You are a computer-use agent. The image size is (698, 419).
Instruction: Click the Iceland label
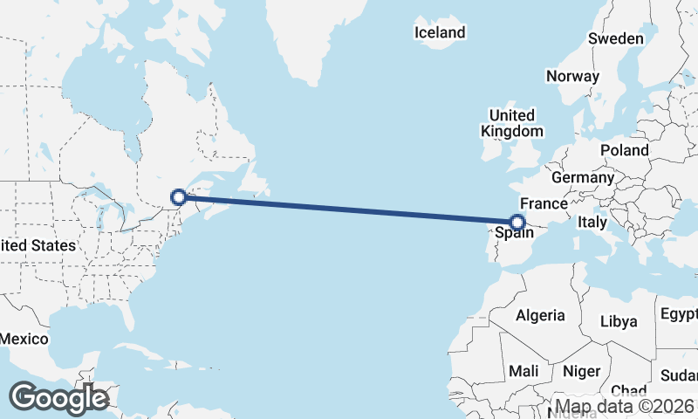click(440, 33)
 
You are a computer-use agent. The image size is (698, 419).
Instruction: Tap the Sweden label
click(616, 38)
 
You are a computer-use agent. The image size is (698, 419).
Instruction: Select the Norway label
click(572, 76)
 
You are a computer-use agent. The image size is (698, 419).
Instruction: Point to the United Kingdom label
click(512, 123)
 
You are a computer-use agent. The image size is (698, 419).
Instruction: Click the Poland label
click(624, 150)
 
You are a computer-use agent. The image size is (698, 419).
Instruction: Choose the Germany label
click(583, 177)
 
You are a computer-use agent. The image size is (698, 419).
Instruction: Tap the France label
click(544, 203)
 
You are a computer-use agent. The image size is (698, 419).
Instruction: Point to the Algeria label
click(540, 315)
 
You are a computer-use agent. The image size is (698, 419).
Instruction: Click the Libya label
click(619, 321)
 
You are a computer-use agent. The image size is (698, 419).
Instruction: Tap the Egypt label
click(679, 314)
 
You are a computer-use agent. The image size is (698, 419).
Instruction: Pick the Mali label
click(523, 371)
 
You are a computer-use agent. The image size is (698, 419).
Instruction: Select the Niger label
click(581, 371)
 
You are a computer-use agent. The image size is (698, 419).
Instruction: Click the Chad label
click(629, 390)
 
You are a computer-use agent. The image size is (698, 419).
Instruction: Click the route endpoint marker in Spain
click(518, 223)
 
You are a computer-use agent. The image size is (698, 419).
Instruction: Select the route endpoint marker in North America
click(179, 197)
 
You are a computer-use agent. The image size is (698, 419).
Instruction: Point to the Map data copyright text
click(625, 407)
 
